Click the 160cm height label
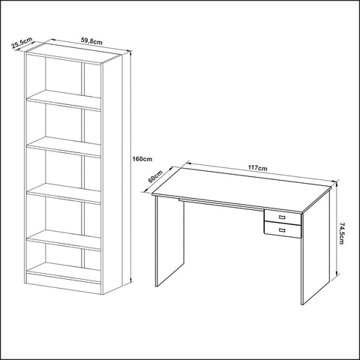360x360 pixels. (142, 160)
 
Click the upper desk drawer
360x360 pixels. (282, 217)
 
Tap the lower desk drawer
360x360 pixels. (282, 230)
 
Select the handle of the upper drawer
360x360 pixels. (282, 217)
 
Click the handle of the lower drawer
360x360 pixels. (282, 230)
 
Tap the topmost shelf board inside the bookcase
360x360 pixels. (64, 99)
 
